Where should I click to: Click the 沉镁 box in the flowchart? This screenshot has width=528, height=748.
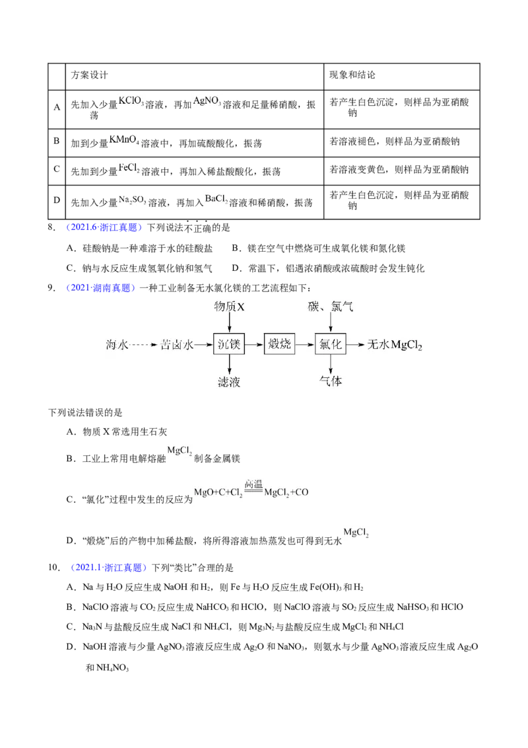point(229,344)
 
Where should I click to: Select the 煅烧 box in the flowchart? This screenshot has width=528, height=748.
point(279,344)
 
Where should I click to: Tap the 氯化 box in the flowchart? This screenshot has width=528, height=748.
point(330,344)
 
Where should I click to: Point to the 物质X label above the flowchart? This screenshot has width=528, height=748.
point(229,306)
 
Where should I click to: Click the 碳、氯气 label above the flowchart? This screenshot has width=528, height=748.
point(330,306)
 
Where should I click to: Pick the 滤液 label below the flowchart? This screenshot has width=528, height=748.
point(229,382)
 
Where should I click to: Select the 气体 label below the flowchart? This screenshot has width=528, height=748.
point(330,381)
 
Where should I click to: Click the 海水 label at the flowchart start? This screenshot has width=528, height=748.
point(117,344)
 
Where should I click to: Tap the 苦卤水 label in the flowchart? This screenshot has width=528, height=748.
point(177,344)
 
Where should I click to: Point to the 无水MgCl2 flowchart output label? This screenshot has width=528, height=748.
point(395,345)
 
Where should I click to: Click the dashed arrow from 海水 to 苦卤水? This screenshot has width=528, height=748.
point(143,344)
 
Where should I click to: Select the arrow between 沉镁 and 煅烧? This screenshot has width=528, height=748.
point(254,344)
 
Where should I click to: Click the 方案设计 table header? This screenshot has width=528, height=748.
point(90,75)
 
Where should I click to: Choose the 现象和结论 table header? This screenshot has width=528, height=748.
point(352,75)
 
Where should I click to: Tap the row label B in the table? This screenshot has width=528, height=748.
point(56,141)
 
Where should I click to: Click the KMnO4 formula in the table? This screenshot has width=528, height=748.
point(124,140)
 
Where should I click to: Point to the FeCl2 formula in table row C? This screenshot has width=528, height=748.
point(129,168)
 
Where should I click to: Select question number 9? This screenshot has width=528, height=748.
point(51,287)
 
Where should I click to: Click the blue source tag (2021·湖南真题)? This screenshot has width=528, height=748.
point(100,287)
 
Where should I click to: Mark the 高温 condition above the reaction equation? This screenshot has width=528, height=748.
point(253,484)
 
